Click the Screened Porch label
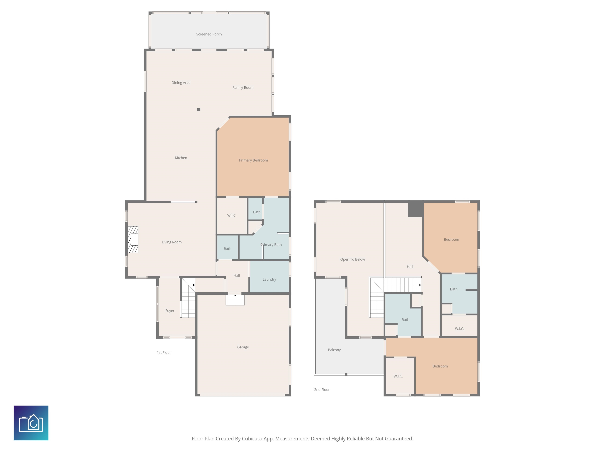(x=209, y=34)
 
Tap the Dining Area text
(x=181, y=83)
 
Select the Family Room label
(x=243, y=87)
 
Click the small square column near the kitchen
(x=199, y=110)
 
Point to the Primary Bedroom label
(x=253, y=160)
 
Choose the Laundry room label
(x=269, y=279)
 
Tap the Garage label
(x=243, y=347)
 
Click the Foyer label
(x=170, y=311)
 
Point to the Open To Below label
(x=353, y=260)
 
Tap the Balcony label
(x=334, y=350)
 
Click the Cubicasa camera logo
(x=31, y=423)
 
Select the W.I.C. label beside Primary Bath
(x=232, y=216)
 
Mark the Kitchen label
(x=181, y=158)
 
